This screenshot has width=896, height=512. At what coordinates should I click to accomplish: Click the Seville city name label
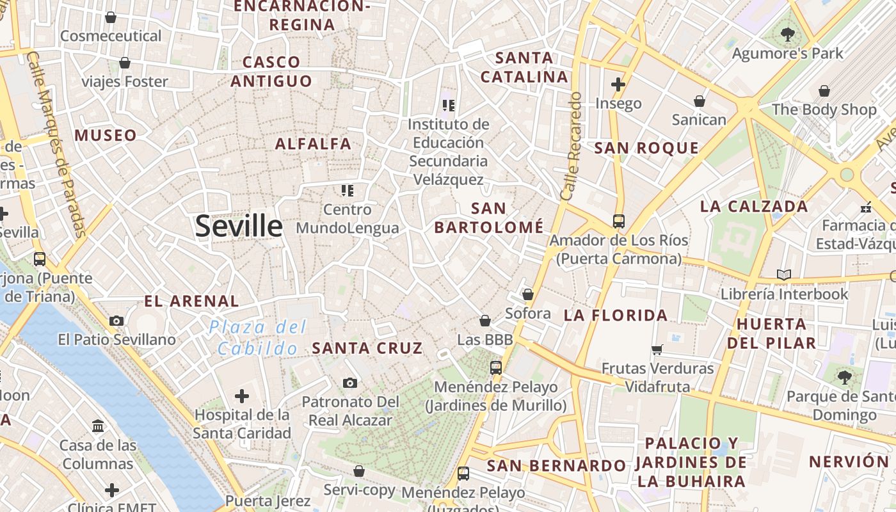(x=239, y=226)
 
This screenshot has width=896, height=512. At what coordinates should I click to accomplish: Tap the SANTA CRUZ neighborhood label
(x=367, y=348)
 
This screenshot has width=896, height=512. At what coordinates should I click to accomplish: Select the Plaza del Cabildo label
(x=257, y=338)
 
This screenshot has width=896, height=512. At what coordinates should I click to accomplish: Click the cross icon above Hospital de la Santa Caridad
(x=242, y=396)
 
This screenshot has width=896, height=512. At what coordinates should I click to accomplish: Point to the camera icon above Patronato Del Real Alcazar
(x=349, y=383)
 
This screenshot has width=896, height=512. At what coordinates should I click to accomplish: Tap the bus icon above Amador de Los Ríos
(x=618, y=221)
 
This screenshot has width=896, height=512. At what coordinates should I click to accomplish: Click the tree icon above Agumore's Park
(x=787, y=35)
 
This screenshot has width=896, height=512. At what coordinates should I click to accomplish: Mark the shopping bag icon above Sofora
(x=528, y=294)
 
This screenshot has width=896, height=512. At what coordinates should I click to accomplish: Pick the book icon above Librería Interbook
(x=784, y=275)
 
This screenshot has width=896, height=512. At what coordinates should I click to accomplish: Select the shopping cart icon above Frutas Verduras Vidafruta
(x=657, y=349)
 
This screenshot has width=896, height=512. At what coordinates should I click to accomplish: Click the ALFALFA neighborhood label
(x=313, y=144)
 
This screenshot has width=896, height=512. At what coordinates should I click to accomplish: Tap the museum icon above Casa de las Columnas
(x=98, y=426)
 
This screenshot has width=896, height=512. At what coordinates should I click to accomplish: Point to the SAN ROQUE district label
(x=646, y=148)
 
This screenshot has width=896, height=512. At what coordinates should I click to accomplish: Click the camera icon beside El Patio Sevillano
(x=116, y=321)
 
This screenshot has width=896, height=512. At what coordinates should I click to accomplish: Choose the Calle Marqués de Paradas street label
(x=56, y=144)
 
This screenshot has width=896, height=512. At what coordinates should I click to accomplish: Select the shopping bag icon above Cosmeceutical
(x=111, y=17)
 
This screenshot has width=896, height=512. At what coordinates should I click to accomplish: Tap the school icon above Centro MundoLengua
(x=348, y=190)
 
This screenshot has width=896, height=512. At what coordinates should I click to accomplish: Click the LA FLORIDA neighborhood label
(x=616, y=315)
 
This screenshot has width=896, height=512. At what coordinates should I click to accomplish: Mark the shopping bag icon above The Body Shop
(x=824, y=91)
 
